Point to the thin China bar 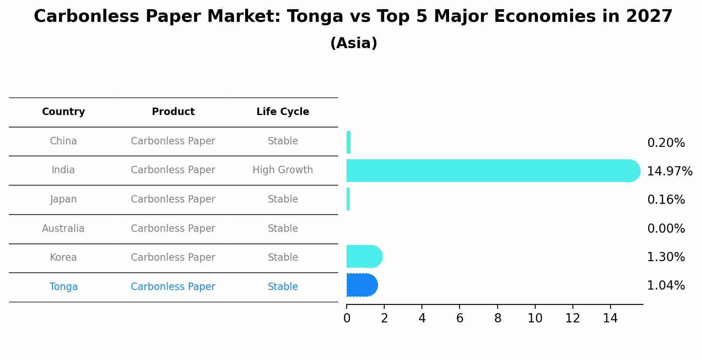point(348,142)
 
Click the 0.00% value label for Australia point(666,228)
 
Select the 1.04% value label point(666,286)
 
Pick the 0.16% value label point(666,200)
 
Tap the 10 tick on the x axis point(535,318)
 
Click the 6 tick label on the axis point(460,318)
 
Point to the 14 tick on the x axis point(610,318)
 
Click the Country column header point(63,112)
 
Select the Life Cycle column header point(283,112)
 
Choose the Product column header point(173,112)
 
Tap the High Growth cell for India point(283,170)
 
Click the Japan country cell point(63,199)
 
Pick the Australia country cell point(63,228)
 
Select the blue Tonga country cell point(63,287)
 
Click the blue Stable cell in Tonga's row point(283,287)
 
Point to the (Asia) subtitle point(354,43)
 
